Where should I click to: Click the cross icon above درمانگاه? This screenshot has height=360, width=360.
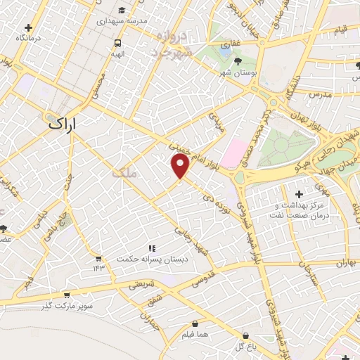(28, 26)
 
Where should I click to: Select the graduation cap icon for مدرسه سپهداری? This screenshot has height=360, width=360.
(122, 11)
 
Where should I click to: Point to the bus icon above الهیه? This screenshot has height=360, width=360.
(117, 42)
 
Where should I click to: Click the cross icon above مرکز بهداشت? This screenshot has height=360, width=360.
(300, 194)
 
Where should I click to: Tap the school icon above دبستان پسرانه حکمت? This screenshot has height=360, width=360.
(150, 247)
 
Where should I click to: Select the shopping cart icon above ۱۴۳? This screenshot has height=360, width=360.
(98, 257)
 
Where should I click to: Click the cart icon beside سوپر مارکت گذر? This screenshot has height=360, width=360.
(67, 295)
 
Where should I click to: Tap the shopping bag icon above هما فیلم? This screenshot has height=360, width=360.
(195, 323)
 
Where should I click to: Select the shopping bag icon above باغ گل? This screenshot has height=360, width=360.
(245, 335)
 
